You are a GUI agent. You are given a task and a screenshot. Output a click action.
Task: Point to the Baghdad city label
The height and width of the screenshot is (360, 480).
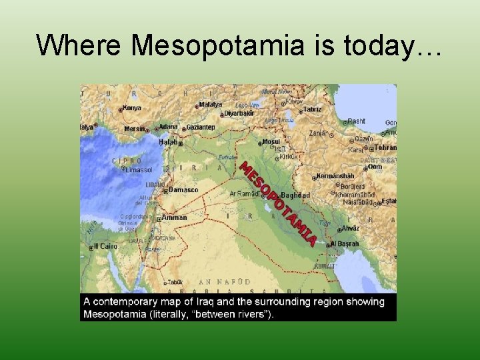(297, 195)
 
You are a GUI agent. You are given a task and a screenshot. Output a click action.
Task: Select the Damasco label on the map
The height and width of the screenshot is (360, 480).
(183, 189)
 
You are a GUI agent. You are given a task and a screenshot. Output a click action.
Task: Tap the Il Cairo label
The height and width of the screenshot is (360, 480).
(106, 246)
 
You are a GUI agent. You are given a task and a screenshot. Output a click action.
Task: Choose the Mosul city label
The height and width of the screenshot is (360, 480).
(271, 141)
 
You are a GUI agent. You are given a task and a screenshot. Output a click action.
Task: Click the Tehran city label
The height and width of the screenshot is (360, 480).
(385, 147)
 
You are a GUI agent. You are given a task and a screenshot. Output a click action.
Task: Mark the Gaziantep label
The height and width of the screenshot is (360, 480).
(200, 127)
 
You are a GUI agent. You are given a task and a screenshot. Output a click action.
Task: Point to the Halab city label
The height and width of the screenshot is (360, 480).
(168, 142)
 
